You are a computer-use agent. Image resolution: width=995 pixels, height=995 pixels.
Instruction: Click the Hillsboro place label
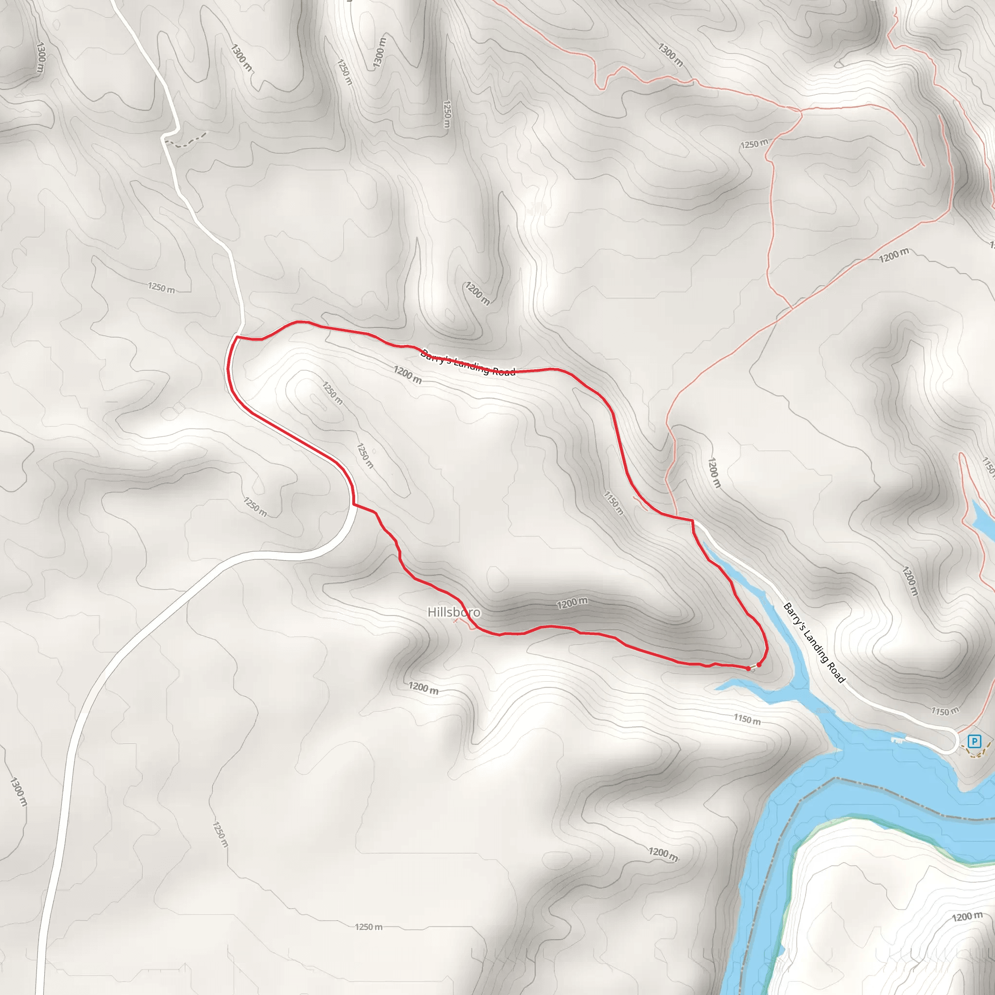click(454, 612)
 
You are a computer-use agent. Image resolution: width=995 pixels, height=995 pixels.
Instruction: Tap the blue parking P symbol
click(974, 741)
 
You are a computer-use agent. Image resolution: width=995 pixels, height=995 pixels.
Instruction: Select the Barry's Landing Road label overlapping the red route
click(468, 362)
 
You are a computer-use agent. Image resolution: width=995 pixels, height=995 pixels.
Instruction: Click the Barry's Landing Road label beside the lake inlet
click(814, 643)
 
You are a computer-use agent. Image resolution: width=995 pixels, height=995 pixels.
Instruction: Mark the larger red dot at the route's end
click(758, 665)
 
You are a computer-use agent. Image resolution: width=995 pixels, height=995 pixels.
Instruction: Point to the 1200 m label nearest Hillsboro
click(572, 603)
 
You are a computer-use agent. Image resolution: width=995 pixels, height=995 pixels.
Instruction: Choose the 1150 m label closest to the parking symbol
click(944, 711)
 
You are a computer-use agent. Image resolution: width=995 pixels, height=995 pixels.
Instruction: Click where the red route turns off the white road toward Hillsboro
click(354, 505)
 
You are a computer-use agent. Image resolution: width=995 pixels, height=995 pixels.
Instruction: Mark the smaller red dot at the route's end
click(748, 669)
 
